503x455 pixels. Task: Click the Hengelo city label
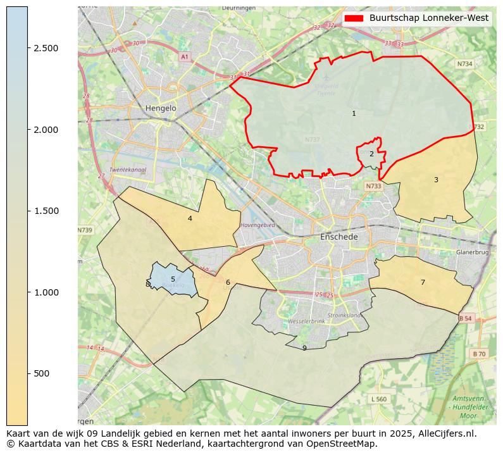point(161,108)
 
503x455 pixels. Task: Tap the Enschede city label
point(339,237)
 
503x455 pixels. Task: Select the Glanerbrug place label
point(472,252)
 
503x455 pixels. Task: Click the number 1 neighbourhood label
point(354,114)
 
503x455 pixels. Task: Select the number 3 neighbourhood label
point(436,180)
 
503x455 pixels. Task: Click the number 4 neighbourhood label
point(190,219)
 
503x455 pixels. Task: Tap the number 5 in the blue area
point(173,279)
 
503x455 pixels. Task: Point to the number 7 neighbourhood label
point(423,282)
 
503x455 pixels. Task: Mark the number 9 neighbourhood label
point(304,348)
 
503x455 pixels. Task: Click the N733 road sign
point(373,186)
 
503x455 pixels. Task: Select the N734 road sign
point(464,64)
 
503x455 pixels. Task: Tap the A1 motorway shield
point(185,57)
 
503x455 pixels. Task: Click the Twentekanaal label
point(128,170)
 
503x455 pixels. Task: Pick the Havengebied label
point(258,225)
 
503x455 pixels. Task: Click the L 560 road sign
point(378,399)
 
